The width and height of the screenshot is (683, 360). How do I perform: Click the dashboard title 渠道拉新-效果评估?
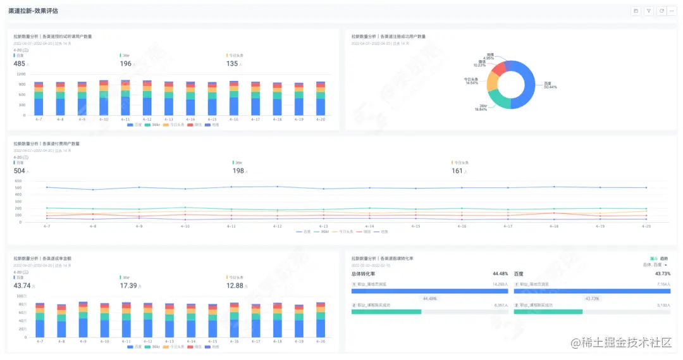click(x=34, y=11)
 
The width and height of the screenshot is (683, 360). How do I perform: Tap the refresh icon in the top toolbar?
click(x=661, y=11)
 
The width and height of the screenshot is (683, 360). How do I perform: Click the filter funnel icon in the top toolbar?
click(x=648, y=11)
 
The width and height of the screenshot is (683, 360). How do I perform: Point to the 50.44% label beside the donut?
click(x=550, y=87)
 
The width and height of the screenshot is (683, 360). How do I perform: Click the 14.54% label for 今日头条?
click(x=472, y=83)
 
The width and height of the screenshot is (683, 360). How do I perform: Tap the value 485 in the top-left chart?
click(x=19, y=63)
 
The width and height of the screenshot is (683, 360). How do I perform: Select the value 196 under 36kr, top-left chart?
click(x=126, y=63)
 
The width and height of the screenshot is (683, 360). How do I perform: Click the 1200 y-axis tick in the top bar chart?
click(x=21, y=74)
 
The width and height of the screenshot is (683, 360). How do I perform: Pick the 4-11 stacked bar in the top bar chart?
click(x=125, y=98)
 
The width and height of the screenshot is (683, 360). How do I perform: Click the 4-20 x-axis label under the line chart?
click(x=646, y=226)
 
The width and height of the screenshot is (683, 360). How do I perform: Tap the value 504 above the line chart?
click(x=19, y=171)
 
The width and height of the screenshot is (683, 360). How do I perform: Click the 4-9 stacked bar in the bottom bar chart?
click(x=83, y=320)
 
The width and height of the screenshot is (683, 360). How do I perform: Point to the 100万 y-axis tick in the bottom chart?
click(x=21, y=296)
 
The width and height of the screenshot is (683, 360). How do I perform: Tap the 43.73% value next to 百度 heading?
click(x=663, y=274)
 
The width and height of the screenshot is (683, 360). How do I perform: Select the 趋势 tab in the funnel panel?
click(x=664, y=258)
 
